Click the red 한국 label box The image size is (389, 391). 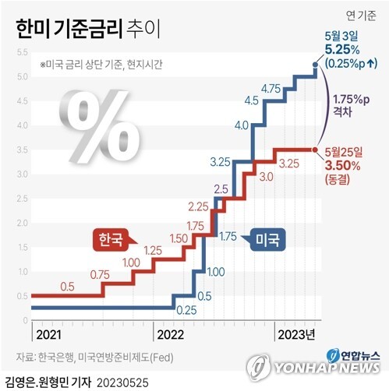111,240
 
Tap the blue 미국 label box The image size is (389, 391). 267,240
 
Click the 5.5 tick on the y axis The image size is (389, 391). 22,52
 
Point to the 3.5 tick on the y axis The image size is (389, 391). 22,150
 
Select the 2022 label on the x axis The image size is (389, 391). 171,335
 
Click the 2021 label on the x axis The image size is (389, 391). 49,335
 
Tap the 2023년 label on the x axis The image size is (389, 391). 296,335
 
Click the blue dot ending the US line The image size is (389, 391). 315,65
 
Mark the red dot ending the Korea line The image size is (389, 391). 315,150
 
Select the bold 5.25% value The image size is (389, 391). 342,49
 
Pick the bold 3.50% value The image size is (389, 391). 343,166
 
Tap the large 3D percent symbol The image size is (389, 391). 100,126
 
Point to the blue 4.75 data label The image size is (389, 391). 271,89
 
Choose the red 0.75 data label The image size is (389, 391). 100,275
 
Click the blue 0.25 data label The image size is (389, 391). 186,310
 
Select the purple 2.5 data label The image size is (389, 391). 221,189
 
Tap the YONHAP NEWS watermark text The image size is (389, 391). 327,368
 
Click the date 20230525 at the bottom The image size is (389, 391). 122,382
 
